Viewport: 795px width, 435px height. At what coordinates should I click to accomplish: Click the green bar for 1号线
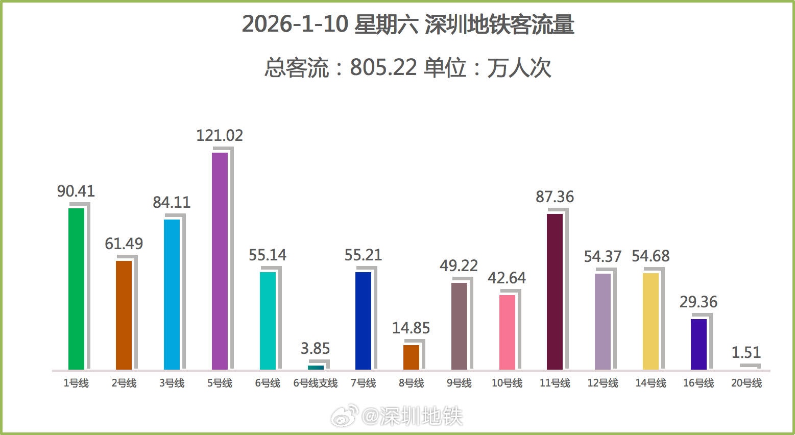click(x=76, y=288)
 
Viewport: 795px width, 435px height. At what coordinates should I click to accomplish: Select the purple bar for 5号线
click(x=220, y=260)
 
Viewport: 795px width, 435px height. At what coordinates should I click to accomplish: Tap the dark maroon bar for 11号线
click(x=555, y=291)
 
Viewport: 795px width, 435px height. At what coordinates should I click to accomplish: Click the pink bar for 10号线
click(x=507, y=332)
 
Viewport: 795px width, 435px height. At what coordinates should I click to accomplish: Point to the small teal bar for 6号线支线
click(x=316, y=367)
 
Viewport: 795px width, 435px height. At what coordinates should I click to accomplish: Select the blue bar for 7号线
click(x=363, y=320)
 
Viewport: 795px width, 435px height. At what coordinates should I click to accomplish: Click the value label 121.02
click(x=220, y=135)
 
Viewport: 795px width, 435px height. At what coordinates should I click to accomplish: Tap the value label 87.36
click(x=555, y=197)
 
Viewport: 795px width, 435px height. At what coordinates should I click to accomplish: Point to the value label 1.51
click(x=746, y=352)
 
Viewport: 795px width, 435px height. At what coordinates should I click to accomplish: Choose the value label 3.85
click(x=315, y=348)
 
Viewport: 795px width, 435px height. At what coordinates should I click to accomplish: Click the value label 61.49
click(x=124, y=244)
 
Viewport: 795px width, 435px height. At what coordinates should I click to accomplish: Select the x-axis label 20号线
click(x=746, y=383)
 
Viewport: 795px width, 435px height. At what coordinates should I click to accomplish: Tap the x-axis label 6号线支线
click(x=315, y=383)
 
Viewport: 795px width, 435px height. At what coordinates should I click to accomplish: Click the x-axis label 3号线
click(x=172, y=383)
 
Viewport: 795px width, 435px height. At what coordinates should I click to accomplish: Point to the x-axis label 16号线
click(x=698, y=383)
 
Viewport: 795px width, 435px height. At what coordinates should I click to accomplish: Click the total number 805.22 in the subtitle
click(x=383, y=67)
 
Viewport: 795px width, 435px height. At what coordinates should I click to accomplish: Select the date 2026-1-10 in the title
click(x=295, y=24)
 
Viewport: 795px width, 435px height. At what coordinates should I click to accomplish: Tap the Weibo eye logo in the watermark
click(x=345, y=416)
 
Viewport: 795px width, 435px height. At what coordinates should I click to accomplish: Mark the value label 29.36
click(x=698, y=302)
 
